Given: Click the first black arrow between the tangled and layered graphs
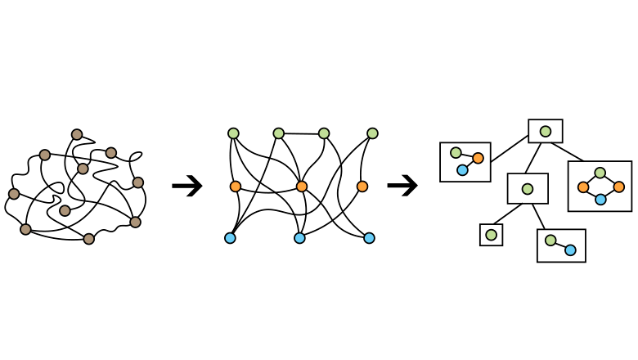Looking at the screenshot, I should pos(187,187).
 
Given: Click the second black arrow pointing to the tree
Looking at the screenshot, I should pos(402,187).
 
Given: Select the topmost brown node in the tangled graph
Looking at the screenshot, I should pos(77,134).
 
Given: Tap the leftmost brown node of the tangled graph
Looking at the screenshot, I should pos(14,194).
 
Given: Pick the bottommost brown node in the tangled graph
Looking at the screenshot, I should pos(89,239).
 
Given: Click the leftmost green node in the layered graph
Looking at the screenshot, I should pos(233,133).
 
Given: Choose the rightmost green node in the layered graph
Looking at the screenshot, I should pos(372,133).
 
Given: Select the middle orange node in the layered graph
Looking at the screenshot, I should pos(302,187).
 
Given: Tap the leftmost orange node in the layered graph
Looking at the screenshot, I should pos(236,187).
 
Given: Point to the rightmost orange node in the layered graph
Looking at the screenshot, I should pos(362,187).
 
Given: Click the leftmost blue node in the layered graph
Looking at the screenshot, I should pos(230,238).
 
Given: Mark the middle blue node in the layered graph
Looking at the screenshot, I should pos(299,238).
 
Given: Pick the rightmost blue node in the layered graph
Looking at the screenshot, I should pos(369,238).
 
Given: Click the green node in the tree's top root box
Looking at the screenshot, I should pos(546,131).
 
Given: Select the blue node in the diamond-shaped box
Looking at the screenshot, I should pos(600,200).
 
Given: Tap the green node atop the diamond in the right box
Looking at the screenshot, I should pos(600,173).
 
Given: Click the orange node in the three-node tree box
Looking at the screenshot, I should pos(478,158).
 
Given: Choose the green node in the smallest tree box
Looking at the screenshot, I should pos(491,235).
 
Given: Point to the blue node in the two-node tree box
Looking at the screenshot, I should pos(570,250).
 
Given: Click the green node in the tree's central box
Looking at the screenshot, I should pos(528,189).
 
